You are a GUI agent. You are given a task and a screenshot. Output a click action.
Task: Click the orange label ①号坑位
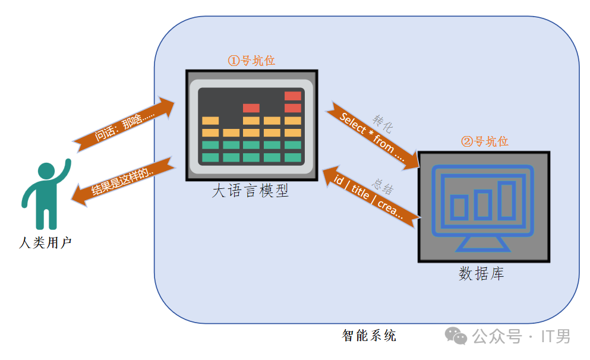click(x=251, y=61)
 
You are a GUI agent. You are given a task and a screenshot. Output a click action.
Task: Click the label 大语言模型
click(x=250, y=191)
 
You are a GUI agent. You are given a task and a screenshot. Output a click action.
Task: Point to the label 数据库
click(x=481, y=274)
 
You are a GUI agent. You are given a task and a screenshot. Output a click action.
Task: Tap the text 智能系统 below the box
click(x=369, y=336)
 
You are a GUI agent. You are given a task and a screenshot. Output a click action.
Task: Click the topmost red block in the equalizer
click(x=293, y=96)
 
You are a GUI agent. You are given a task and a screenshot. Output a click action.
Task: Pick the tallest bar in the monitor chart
click(x=506, y=200)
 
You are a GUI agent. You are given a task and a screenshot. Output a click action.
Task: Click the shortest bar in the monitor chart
click(x=459, y=207)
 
